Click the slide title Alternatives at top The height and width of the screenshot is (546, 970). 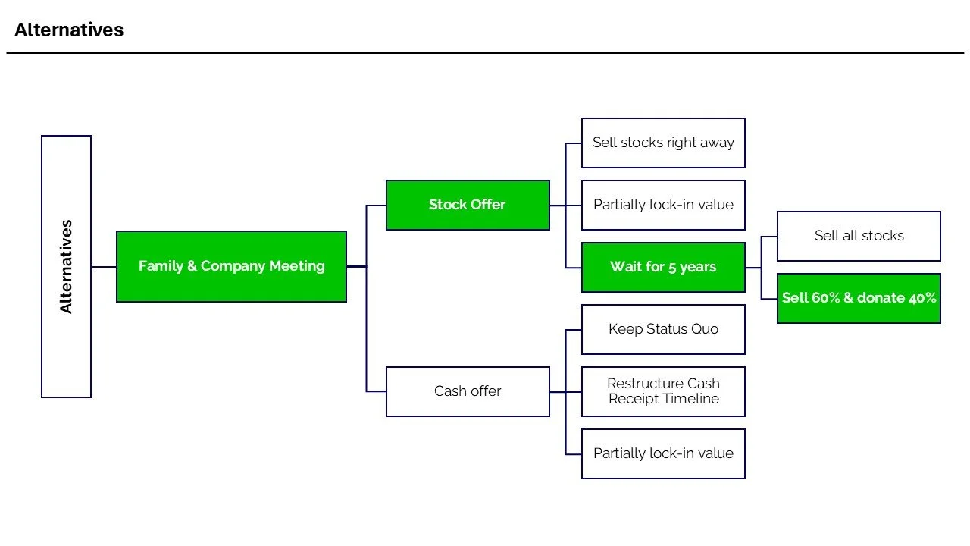coord(69,30)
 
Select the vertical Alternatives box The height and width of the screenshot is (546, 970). coord(66,266)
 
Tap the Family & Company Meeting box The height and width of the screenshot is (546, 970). coord(231,266)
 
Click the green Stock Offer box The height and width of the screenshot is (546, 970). coord(468,205)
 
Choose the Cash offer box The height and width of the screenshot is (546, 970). coord(468,391)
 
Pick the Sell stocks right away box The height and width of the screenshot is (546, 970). coord(663,143)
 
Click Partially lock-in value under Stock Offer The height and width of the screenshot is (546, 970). coord(663,205)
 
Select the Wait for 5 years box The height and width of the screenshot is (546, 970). coord(663,267)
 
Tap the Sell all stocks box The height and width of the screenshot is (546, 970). coord(859,236)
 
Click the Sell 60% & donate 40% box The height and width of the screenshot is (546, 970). coord(859,298)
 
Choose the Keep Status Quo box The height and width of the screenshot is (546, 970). coord(663,329)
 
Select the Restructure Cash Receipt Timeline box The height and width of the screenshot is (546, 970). coord(663,391)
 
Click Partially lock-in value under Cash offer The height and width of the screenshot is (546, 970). coord(663,453)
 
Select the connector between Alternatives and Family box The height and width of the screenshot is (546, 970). coord(104,267)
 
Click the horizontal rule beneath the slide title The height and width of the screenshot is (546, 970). coord(485,52)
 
